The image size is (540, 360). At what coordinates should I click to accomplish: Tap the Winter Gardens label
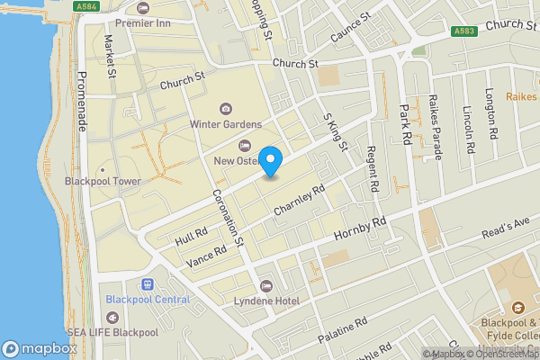coord(225,124)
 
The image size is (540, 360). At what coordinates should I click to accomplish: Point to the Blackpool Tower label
coord(104,181)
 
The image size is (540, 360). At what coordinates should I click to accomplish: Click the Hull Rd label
coord(192,236)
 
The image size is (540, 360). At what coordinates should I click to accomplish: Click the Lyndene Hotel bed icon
coord(265,286)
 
